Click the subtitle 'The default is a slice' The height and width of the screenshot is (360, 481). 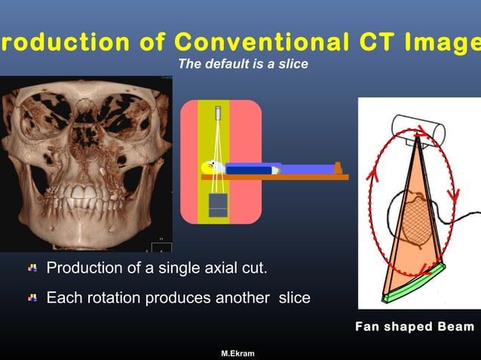point(243,65)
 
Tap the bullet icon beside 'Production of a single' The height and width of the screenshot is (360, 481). point(32,268)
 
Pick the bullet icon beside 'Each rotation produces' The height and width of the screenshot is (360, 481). point(32,298)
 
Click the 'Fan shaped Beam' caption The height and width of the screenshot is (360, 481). point(415,326)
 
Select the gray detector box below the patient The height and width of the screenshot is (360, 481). point(218,205)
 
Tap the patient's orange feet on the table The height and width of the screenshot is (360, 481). point(339,166)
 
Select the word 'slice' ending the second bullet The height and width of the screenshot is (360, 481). point(294,298)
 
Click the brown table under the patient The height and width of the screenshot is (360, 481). point(286,178)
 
